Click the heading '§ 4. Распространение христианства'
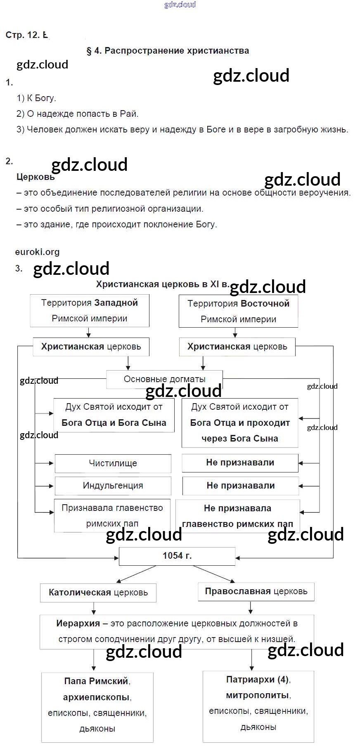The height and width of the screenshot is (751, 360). pos(168,51)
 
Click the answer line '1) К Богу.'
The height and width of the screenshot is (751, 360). pos(36,98)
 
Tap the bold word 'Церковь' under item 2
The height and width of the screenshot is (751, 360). pos(36,177)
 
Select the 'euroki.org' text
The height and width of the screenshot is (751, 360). pos(37,252)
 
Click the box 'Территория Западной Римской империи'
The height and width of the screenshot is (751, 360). pos(90,310)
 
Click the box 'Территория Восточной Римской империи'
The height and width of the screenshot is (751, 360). pos(238,311)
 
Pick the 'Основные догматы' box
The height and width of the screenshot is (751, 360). pos(164,379)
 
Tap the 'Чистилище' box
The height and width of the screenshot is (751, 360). pos(113,463)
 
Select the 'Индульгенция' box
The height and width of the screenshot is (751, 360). pos(113,486)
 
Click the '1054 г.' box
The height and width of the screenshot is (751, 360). pos(177,556)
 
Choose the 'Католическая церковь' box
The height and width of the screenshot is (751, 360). pos(98,593)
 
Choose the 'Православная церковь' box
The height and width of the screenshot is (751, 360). pos(256,591)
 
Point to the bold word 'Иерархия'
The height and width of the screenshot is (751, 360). pos(78,623)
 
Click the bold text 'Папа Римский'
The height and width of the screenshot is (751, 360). pos(97,681)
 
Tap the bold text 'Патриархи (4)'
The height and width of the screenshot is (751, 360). pos(258,680)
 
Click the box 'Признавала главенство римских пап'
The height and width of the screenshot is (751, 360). pos(112,516)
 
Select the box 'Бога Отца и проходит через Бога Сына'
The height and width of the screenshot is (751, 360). pos(239,423)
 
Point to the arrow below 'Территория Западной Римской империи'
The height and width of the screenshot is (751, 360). pos(89,333)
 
